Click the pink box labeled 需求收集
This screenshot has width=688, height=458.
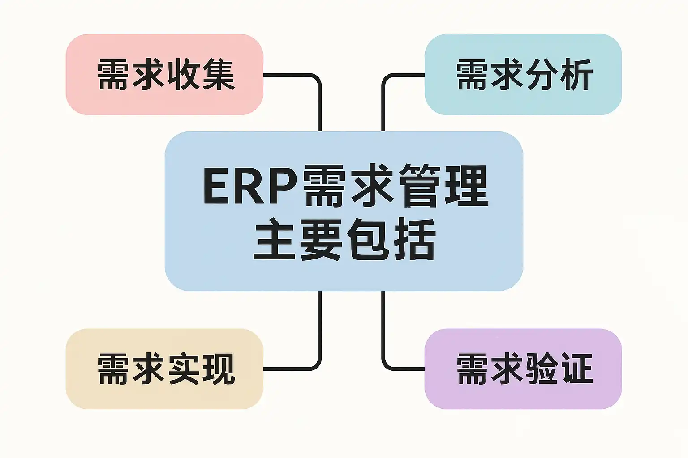coord(165,75)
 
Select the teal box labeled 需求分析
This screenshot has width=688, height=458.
coord(523,75)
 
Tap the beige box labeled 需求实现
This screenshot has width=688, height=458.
coord(165,369)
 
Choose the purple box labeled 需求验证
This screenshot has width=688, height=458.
coord(523,369)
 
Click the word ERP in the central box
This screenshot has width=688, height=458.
coord(250,186)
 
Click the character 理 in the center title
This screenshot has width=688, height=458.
coord(467,186)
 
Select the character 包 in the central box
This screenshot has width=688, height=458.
coord(368,239)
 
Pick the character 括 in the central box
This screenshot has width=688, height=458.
coord(415,239)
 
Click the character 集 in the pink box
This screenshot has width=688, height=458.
coord(217,75)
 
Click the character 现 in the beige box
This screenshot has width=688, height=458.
coord(217,369)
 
